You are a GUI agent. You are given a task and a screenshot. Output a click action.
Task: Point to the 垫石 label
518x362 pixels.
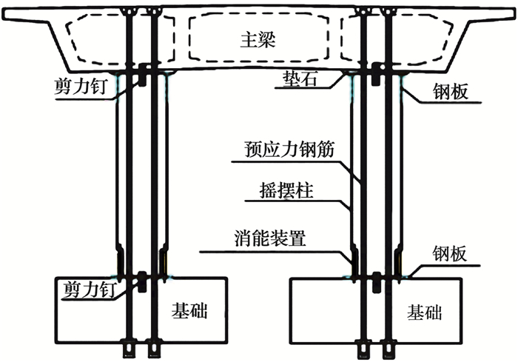(x=302, y=78)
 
